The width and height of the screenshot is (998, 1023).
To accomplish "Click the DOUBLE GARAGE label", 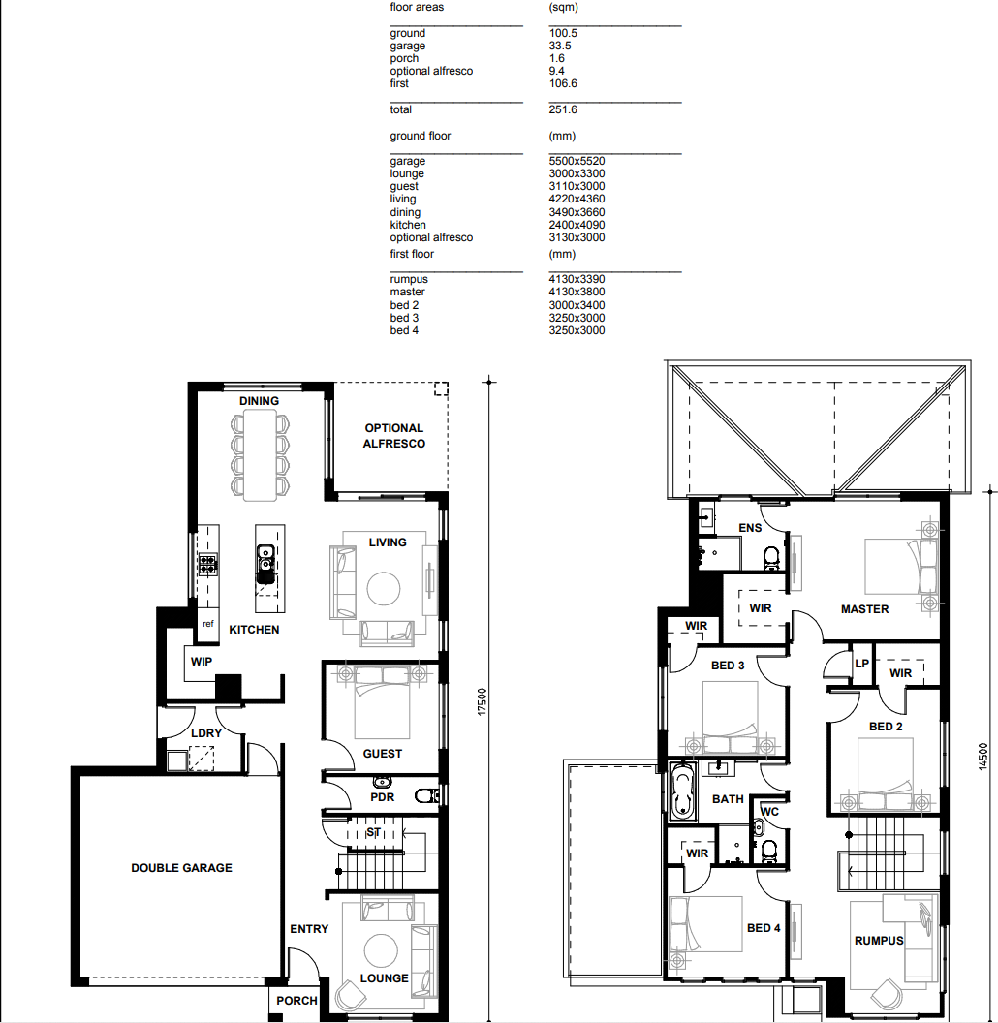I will [181, 868].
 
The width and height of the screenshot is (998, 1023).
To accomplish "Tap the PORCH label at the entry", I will [296, 1001].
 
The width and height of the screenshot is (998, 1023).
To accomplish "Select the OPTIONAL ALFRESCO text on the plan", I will [394, 435].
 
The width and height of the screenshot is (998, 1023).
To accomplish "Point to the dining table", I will [260, 454].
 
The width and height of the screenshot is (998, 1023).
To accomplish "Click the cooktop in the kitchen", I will [207, 564].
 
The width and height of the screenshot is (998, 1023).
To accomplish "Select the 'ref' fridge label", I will [207, 625].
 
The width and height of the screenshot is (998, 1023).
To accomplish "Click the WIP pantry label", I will [202, 662].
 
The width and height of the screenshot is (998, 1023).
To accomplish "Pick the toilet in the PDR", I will [424, 796].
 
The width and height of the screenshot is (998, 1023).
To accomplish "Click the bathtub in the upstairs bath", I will [684, 790].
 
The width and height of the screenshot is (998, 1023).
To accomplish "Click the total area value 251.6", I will [562, 109].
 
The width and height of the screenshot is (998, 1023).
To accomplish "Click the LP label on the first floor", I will [861, 664].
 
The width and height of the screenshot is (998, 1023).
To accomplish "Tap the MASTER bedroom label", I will [864, 609].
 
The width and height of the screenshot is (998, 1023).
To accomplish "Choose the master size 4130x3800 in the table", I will [577, 292].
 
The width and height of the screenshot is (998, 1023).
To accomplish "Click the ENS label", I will [750, 528].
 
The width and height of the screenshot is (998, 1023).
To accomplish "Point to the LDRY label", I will [205, 733].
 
